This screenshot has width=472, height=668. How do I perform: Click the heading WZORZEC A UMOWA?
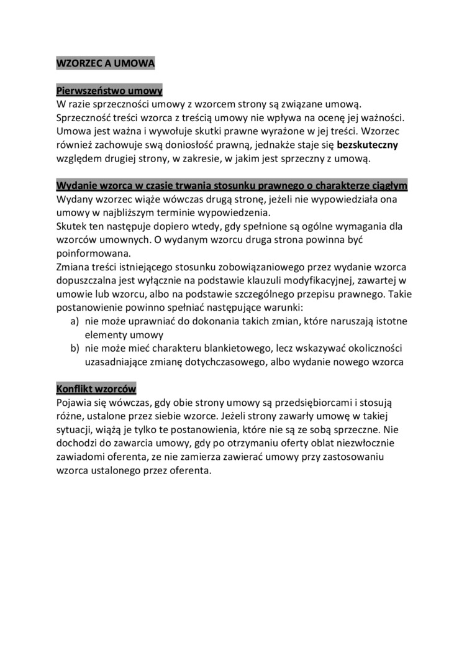[105, 63]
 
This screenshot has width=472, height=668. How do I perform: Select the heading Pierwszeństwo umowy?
[109, 90]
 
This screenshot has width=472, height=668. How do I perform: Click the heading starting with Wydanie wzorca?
[232, 186]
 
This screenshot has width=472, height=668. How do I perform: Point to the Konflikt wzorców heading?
[96, 389]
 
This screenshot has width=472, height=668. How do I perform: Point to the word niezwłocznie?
[360, 443]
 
